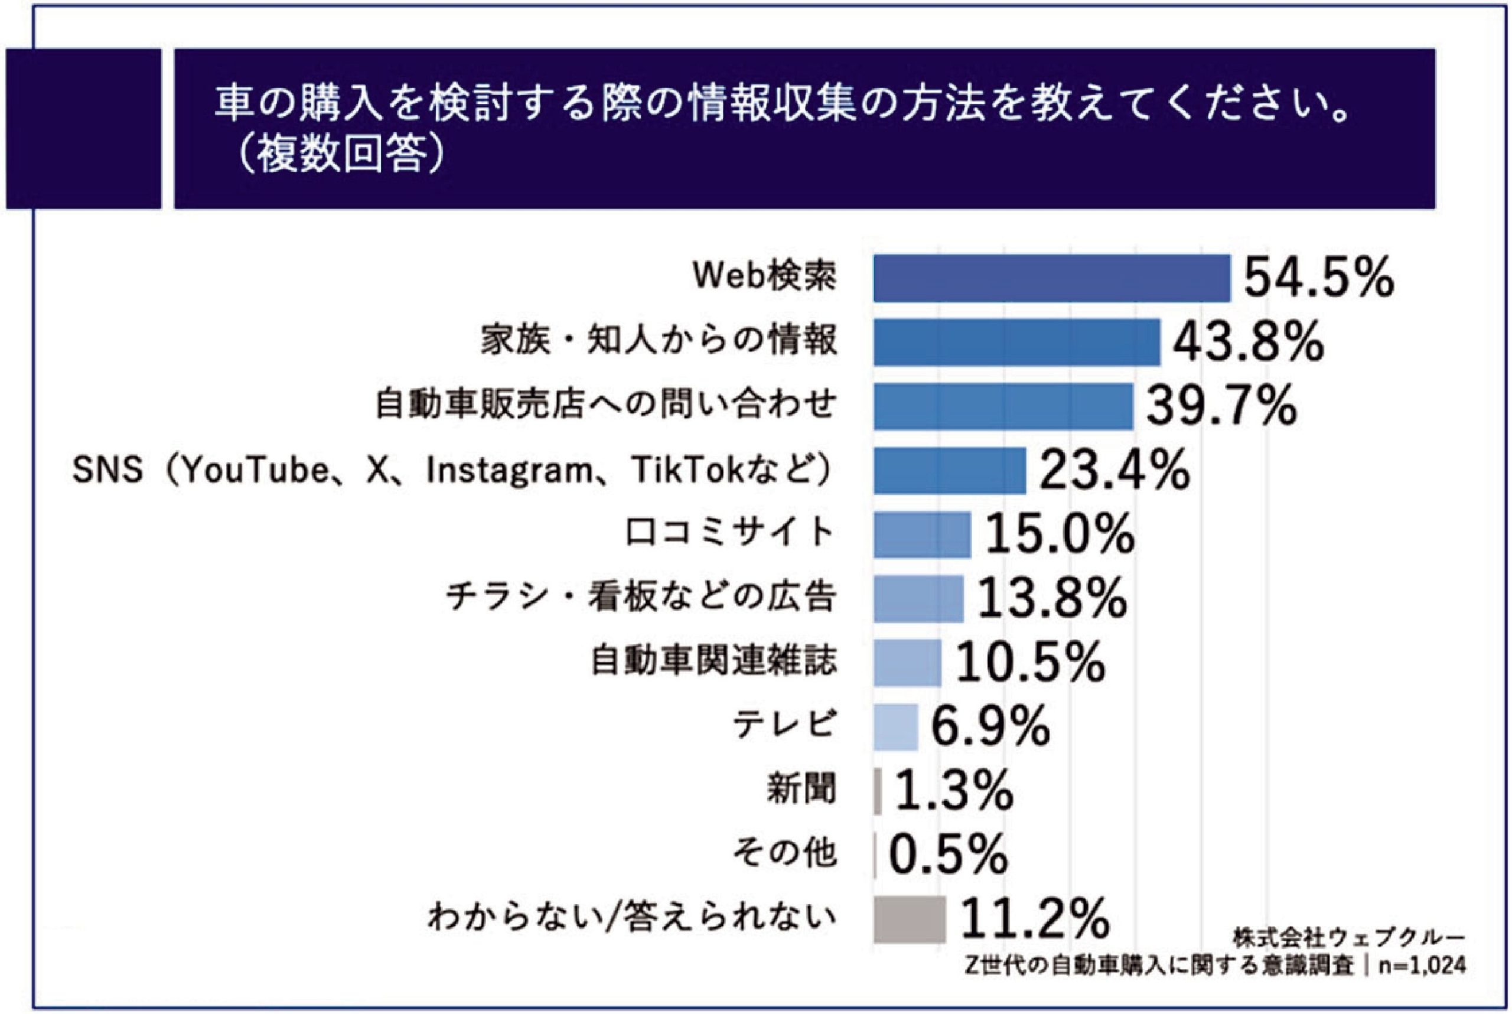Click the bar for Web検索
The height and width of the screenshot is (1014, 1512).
[1051, 278]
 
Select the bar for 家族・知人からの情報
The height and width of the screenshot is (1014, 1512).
[1016, 342]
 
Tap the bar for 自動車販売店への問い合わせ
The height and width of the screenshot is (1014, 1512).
[1002, 406]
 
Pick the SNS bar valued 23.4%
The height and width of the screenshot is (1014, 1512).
[949, 470]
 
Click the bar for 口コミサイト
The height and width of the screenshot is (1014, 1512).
[921, 534]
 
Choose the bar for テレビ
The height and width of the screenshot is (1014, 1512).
[895, 727]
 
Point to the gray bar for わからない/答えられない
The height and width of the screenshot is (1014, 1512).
[908, 919]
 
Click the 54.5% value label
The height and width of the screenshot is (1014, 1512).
[1319, 278]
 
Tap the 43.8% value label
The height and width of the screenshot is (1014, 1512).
[1248, 342]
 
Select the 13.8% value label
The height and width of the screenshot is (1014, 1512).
[1051, 598]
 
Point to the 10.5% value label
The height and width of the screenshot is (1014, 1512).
[1029, 662]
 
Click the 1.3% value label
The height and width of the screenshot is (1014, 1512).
[954, 790]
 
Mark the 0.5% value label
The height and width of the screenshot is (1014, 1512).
[948, 855]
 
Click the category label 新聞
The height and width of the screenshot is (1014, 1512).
[801, 790]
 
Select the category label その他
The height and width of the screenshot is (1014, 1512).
[784, 855]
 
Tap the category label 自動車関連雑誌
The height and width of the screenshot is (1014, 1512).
[714, 662]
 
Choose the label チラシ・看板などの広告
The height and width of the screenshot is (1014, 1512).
[641, 598]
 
